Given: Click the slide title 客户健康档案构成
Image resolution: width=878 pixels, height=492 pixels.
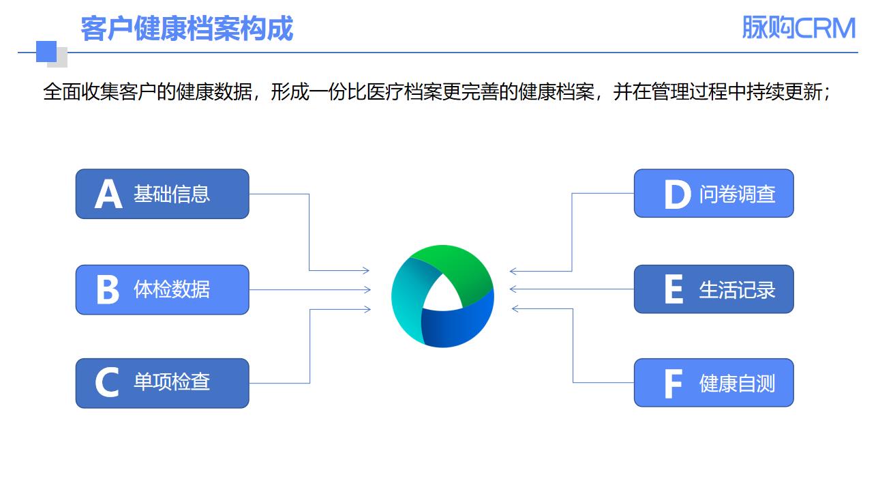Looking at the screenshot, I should pos(186,29).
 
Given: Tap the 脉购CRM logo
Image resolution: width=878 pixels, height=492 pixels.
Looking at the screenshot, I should pos(798,28).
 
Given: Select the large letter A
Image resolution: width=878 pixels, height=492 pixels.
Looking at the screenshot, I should pos(108,194).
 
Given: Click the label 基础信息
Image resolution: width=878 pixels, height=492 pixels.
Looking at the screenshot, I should pos(172,194).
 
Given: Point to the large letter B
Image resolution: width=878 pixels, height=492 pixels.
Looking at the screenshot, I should pos(108,289).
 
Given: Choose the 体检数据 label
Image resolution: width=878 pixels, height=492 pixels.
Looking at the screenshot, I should pos(172,289).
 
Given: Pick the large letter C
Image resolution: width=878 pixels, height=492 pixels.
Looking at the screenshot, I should pos(107,383).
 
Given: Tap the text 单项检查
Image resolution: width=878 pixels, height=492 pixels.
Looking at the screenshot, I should pos(172,381).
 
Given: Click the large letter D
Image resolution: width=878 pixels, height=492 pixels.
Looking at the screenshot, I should pos(677,194).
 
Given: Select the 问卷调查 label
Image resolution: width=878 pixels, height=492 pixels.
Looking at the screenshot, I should pos(737,194).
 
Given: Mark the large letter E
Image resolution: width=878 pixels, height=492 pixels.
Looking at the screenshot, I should pos(673,290).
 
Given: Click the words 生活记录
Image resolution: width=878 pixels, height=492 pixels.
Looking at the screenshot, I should pos(737,289).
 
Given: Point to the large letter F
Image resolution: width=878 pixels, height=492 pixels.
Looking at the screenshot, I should pos(673,384).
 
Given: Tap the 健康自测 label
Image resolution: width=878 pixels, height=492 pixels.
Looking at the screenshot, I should pos(737,384).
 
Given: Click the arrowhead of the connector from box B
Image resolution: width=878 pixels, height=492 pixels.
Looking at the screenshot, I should pos(367,290).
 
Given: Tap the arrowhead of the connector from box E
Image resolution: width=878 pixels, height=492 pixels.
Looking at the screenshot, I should pos(513,289).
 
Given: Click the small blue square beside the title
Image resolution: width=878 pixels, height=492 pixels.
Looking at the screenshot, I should pos(46,51).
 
